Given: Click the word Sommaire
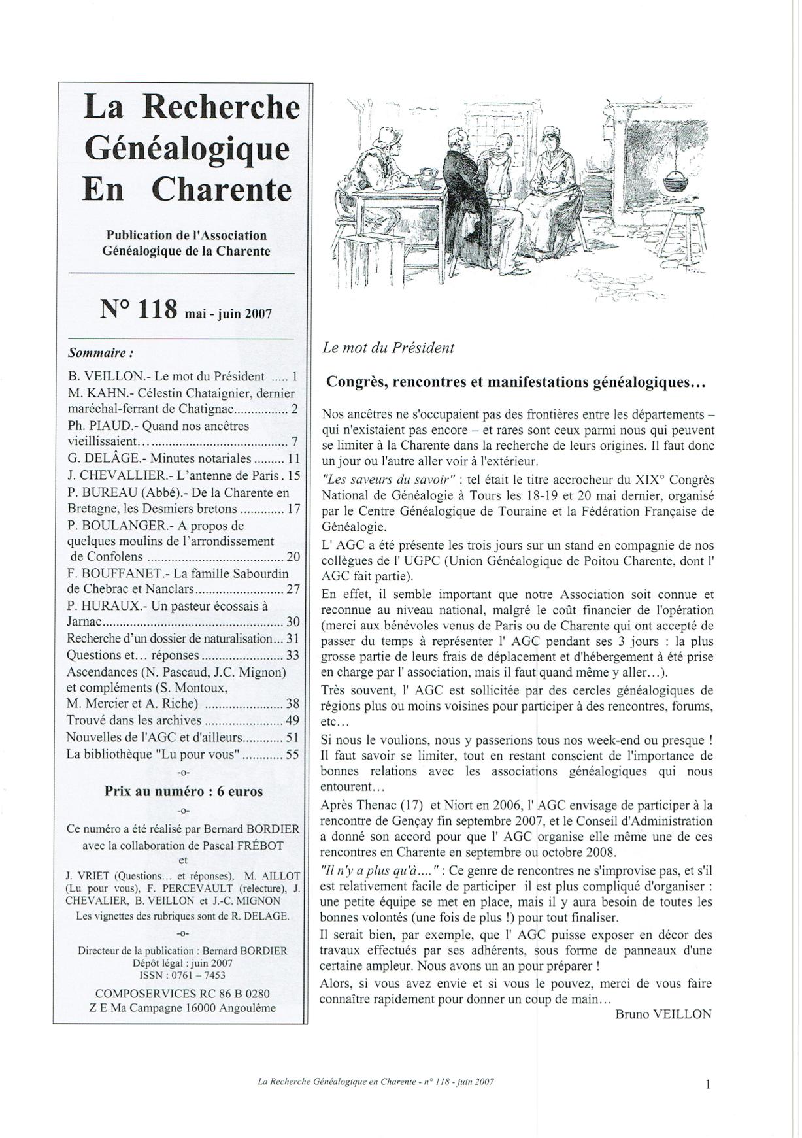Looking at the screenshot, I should point(97,352).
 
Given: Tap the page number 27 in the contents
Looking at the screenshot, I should point(293,589).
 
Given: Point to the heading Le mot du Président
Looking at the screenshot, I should point(388,348).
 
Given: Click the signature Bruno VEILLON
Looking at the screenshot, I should point(663,1014).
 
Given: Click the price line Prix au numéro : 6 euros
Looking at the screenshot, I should point(184,791).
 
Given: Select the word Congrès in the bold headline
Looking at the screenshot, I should point(358,382).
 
